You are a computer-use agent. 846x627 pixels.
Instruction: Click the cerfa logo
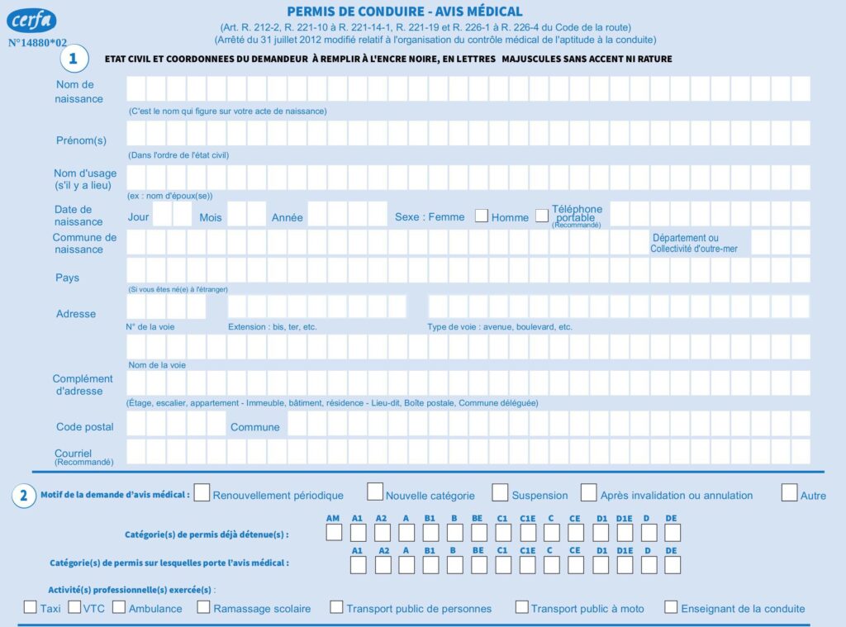tap(31, 20)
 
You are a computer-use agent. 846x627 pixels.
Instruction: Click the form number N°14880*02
tap(38, 41)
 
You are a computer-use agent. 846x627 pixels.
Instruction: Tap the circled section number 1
tap(74, 59)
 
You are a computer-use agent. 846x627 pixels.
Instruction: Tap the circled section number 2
tap(23, 496)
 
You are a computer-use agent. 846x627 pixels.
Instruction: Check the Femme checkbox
tap(481, 216)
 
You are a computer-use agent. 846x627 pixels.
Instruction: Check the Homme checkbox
tap(542, 216)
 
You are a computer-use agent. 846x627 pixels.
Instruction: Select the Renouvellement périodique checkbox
tap(202, 492)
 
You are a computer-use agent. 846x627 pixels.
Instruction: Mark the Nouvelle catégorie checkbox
tap(375, 492)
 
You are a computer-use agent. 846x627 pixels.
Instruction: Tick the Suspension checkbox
tap(500, 492)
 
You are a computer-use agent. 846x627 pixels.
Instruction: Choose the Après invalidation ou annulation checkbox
tap(588, 492)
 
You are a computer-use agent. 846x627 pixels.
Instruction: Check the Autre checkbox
tap(789, 492)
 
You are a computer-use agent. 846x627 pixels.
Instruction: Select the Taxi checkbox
tap(30, 607)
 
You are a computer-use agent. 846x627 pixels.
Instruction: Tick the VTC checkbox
tap(74, 607)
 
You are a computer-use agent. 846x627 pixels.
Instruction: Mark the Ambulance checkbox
tap(118, 607)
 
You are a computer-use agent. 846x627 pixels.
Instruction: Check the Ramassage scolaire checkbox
tap(203, 607)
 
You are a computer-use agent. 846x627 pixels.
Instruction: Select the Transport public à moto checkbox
tap(521, 607)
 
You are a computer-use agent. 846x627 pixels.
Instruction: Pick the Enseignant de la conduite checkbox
tap(671, 607)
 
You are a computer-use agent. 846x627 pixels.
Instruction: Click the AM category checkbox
tap(334, 533)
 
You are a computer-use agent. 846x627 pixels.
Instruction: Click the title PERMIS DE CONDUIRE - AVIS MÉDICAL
tap(405, 12)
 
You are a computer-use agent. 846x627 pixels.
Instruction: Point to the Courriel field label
tap(73, 454)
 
